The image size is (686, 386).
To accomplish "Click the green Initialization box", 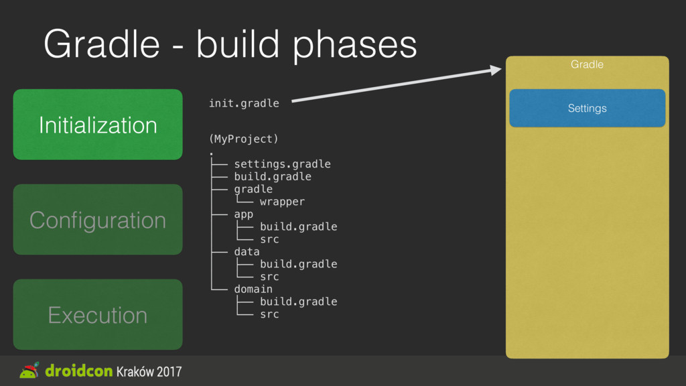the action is click(98, 124).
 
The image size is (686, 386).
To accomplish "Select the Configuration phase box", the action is click(98, 219).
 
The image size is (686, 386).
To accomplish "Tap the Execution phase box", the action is click(98, 314).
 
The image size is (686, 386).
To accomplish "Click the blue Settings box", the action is click(587, 108).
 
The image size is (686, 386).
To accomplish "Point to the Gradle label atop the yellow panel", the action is click(587, 64).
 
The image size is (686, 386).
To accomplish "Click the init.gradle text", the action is click(244, 103).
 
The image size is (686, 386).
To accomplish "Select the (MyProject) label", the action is click(244, 139).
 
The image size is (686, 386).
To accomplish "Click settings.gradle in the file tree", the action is click(282, 164).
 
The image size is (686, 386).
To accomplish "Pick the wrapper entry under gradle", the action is click(282, 202).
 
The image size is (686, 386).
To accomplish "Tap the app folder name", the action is click(244, 214).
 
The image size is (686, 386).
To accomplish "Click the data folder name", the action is click(247, 252).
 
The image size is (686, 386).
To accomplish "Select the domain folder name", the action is click(253, 289).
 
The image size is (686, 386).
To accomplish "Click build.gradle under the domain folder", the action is click(298, 302).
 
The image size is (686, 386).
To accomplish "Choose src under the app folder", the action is click(269, 239).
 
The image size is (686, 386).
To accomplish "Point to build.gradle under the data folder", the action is click(298, 264).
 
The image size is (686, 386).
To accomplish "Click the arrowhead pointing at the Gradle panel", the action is click(496, 70).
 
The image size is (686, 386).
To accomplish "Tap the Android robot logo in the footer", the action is click(29, 371).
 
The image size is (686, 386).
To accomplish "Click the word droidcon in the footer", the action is click(79, 371).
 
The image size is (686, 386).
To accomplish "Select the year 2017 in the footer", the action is click(169, 371).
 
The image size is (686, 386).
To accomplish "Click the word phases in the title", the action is click(355, 45).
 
